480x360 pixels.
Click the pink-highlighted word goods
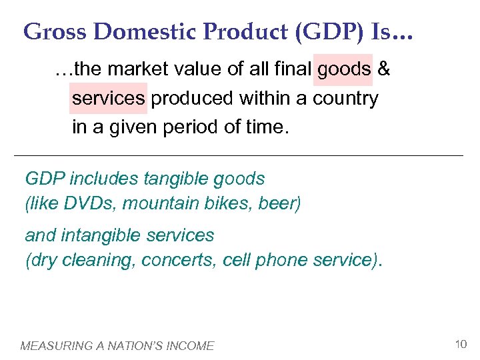344,69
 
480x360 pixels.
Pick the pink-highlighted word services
108,99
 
